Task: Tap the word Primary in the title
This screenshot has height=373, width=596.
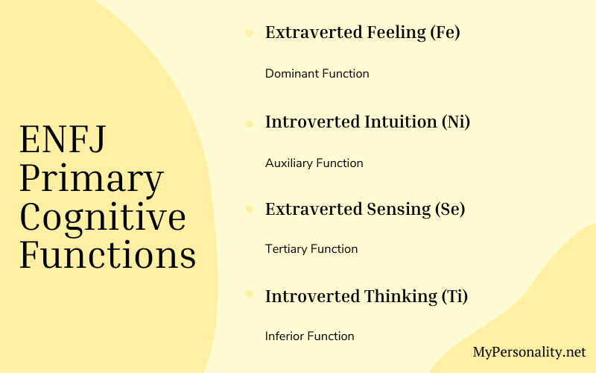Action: tap(92, 180)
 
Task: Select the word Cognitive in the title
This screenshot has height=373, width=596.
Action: tap(103, 217)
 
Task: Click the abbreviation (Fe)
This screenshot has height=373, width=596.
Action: tap(446, 33)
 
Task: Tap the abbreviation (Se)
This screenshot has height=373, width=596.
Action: tap(450, 209)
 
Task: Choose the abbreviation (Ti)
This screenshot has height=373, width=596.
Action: tap(453, 296)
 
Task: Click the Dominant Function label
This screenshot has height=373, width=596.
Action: tap(317, 74)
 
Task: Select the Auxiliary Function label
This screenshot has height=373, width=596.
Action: tap(314, 163)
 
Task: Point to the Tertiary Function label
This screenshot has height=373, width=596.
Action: tap(311, 249)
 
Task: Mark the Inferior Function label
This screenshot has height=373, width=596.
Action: tap(309, 336)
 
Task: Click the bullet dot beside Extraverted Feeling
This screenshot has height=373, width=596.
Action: tap(248, 34)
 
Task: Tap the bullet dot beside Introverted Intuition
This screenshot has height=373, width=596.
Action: tap(248, 122)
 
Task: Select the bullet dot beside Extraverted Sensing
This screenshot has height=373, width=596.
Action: tap(248, 210)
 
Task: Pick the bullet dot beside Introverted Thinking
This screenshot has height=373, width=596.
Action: tap(248, 297)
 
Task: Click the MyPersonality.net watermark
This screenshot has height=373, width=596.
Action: tap(530, 351)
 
